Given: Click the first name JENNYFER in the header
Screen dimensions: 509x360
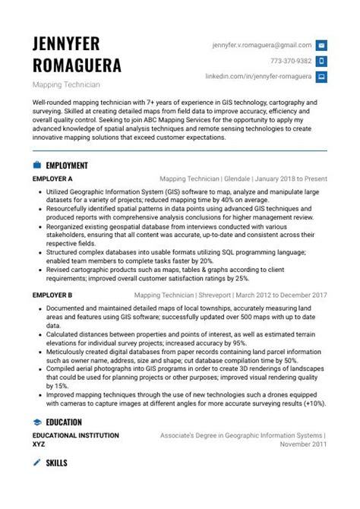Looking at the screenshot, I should tap(66, 43).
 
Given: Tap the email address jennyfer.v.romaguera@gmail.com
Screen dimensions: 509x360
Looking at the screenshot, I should tap(262, 46).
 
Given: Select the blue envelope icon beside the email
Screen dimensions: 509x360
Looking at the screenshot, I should tap(321, 46).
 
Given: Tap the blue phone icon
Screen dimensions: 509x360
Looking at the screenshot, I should tap(321, 61).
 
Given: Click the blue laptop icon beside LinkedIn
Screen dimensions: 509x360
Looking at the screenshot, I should tap(321, 76).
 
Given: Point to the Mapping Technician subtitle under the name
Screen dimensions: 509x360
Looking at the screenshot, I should tap(66, 84).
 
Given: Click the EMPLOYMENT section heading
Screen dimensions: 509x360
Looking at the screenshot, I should tap(67, 165).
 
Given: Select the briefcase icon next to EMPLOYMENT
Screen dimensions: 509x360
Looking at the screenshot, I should tap(36, 165).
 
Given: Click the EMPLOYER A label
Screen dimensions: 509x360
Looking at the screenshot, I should tap(52, 179).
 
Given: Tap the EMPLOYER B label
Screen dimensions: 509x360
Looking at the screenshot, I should tap(52, 295).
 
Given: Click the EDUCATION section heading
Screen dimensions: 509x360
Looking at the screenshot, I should tap(64, 422).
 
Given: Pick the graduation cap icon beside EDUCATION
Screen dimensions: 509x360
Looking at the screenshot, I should tap(36, 422).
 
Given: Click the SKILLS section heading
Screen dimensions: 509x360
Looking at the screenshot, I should tap(56, 462).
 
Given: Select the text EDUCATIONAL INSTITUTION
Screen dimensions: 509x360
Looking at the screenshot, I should tap(75, 435).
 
